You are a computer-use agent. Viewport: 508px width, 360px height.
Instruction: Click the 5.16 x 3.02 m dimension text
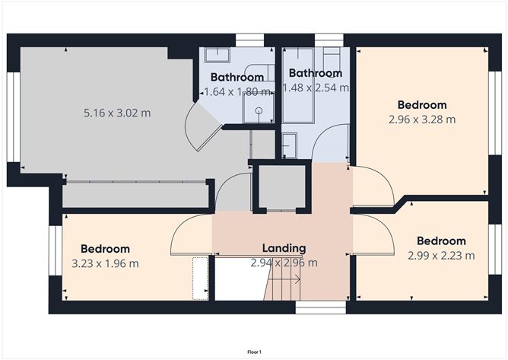pyautogui.click(x=117, y=113)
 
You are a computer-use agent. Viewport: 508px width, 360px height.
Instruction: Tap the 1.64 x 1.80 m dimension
pyautogui.click(x=237, y=92)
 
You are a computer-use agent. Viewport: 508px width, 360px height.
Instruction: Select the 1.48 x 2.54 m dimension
pyautogui.click(x=316, y=88)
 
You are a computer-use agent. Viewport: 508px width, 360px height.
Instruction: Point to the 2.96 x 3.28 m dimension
pyautogui.click(x=422, y=119)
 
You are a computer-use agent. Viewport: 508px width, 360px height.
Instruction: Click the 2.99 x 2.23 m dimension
pyautogui.click(x=441, y=256)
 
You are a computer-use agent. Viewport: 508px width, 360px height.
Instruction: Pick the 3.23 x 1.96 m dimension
pyautogui.click(x=105, y=263)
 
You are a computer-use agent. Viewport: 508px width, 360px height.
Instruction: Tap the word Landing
pyautogui.click(x=284, y=248)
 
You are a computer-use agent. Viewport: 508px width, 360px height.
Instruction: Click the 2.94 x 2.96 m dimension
pyautogui.click(x=284, y=263)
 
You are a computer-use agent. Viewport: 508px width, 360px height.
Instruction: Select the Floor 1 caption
pyautogui.click(x=254, y=352)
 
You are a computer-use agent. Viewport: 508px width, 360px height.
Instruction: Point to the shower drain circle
pyautogui.click(x=259, y=110)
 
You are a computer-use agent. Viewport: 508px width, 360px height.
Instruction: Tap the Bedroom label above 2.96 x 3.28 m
pyautogui.click(x=422, y=105)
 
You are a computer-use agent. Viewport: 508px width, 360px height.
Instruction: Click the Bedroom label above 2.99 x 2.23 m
pyautogui.click(x=441, y=241)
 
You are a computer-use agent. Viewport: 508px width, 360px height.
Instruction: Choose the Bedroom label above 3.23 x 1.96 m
pyautogui.click(x=105, y=249)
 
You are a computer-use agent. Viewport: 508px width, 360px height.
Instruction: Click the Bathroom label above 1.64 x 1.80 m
pyautogui.click(x=237, y=77)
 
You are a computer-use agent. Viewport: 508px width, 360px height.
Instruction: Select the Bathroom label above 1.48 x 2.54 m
pyautogui.click(x=316, y=73)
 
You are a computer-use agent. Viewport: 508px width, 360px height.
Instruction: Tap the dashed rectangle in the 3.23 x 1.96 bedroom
pyautogui.click(x=200, y=279)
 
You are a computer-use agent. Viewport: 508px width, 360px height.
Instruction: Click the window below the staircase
pyautogui.click(x=321, y=307)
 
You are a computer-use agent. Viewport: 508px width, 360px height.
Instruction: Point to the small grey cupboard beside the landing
pyautogui.click(x=282, y=186)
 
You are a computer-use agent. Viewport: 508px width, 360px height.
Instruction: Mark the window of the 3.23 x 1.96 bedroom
pyautogui.click(x=56, y=250)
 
